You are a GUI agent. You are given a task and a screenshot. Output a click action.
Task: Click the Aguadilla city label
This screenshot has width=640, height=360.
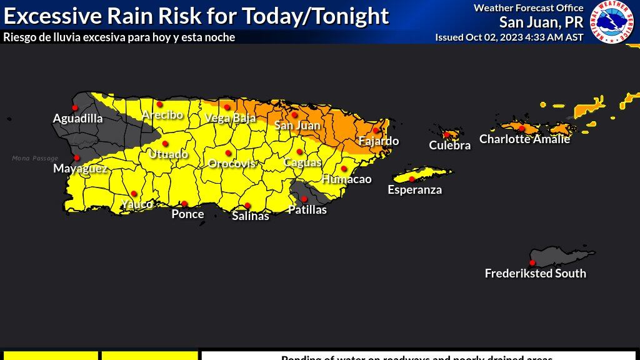click(x=78, y=118)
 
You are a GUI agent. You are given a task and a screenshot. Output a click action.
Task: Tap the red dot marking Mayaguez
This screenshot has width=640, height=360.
click(x=77, y=157)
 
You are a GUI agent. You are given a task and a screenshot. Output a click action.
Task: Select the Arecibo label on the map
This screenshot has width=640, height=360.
click(x=162, y=115)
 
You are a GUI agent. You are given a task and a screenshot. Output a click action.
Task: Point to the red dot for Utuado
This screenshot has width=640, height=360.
click(x=165, y=144)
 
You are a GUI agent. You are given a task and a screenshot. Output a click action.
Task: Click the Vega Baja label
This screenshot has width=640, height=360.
click(x=230, y=118)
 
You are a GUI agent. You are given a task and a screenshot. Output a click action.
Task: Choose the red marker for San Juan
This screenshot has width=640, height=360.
click(x=294, y=114)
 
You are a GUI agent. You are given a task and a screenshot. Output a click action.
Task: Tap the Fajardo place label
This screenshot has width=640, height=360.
click(x=378, y=141)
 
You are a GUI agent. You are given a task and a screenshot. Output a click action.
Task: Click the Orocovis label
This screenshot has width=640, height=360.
click(x=232, y=164)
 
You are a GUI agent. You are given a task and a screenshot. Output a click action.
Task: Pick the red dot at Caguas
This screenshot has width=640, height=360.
click(x=299, y=151)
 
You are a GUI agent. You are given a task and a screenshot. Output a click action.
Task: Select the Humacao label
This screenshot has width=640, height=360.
click(x=346, y=179)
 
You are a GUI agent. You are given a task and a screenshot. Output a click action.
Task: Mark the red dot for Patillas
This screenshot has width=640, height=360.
click(x=304, y=199)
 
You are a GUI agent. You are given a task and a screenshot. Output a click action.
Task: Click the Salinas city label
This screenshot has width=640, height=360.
click(x=251, y=216)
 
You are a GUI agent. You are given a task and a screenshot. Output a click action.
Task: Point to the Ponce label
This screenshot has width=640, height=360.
click(x=187, y=214)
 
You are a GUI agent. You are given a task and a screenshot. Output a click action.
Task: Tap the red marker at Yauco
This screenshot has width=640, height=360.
click(x=134, y=194)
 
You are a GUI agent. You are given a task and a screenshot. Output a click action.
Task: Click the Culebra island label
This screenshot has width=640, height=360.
click(x=449, y=146)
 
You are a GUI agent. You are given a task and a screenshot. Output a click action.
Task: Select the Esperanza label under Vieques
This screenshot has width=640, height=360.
click(x=414, y=190)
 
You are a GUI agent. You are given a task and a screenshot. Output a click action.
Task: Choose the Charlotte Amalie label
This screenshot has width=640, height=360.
click(x=524, y=139)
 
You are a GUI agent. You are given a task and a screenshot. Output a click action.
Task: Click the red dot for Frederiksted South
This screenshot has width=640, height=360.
click(x=532, y=262)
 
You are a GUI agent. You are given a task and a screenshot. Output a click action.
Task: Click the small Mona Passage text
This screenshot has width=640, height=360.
click(x=35, y=159)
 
